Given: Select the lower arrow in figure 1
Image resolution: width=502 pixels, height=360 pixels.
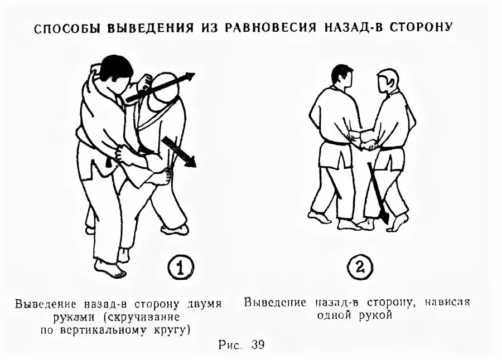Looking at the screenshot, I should [x=180, y=152].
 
